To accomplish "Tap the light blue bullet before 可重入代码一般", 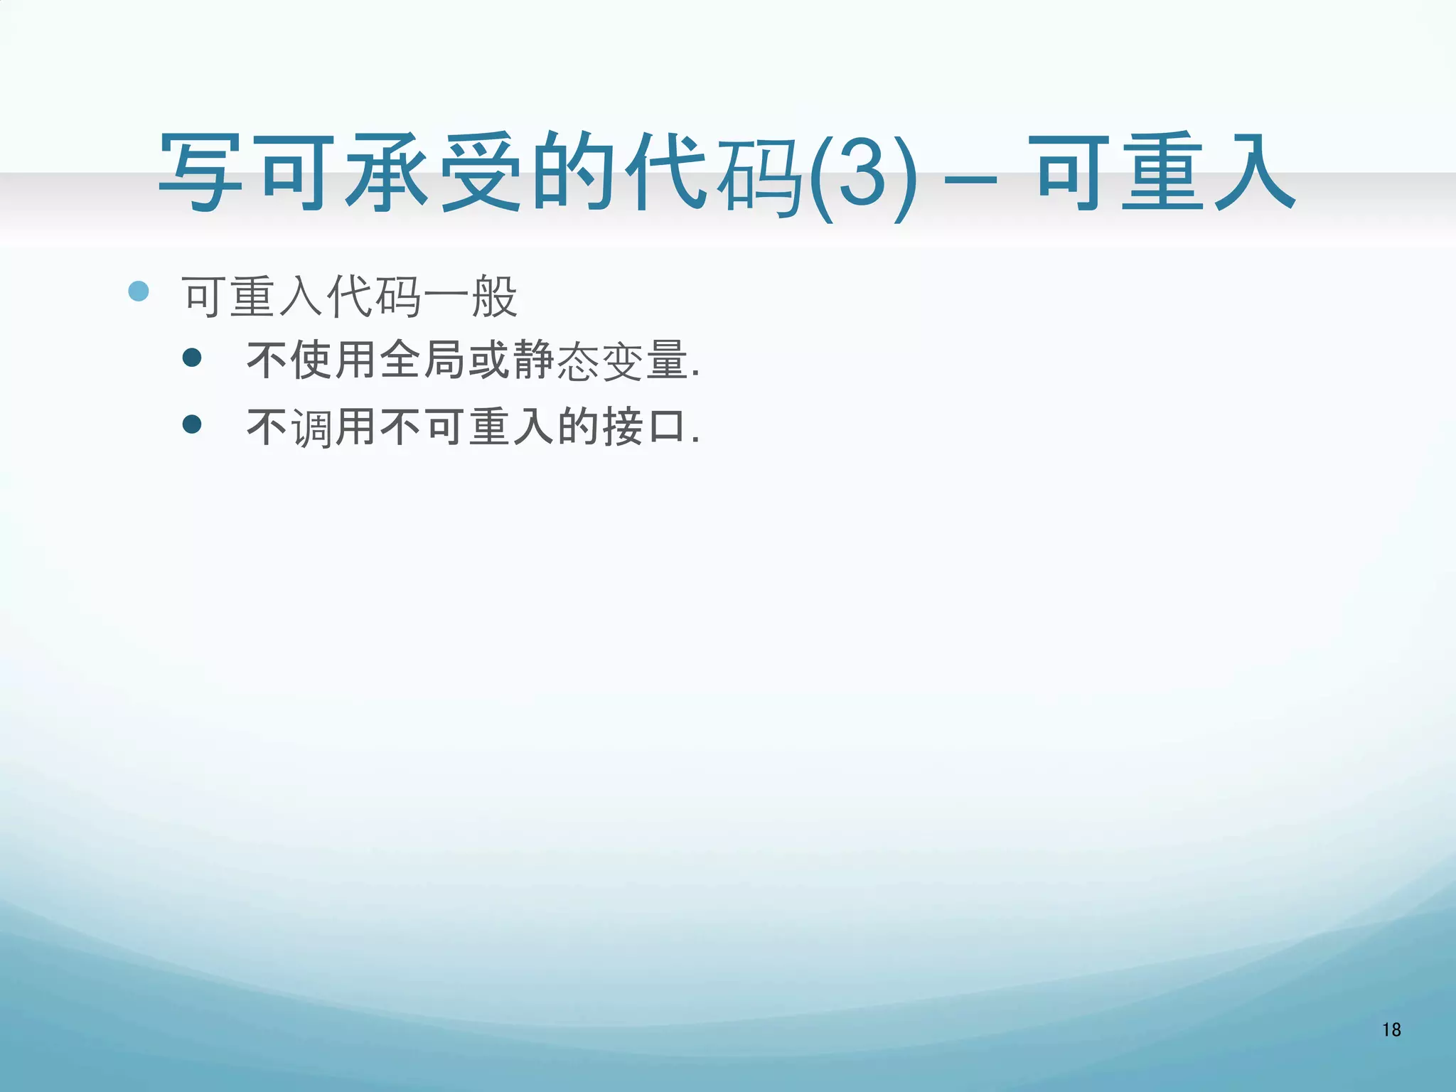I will pyautogui.click(x=139, y=291).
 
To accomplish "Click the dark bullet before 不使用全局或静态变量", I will pyautogui.click(x=192, y=357).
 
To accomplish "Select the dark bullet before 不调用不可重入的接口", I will pyautogui.click(x=192, y=424).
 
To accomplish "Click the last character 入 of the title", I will pyautogui.click(x=1255, y=173).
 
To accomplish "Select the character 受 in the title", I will pyautogui.click(x=481, y=173).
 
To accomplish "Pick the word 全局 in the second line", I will pyautogui.click(x=424, y=360).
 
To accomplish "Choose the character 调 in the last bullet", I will pyautogui.click(x=312, y=427).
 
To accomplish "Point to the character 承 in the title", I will pyautogui.click(x=388, y=173).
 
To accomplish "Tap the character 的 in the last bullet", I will pyautogui.click(x=579, y=427).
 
